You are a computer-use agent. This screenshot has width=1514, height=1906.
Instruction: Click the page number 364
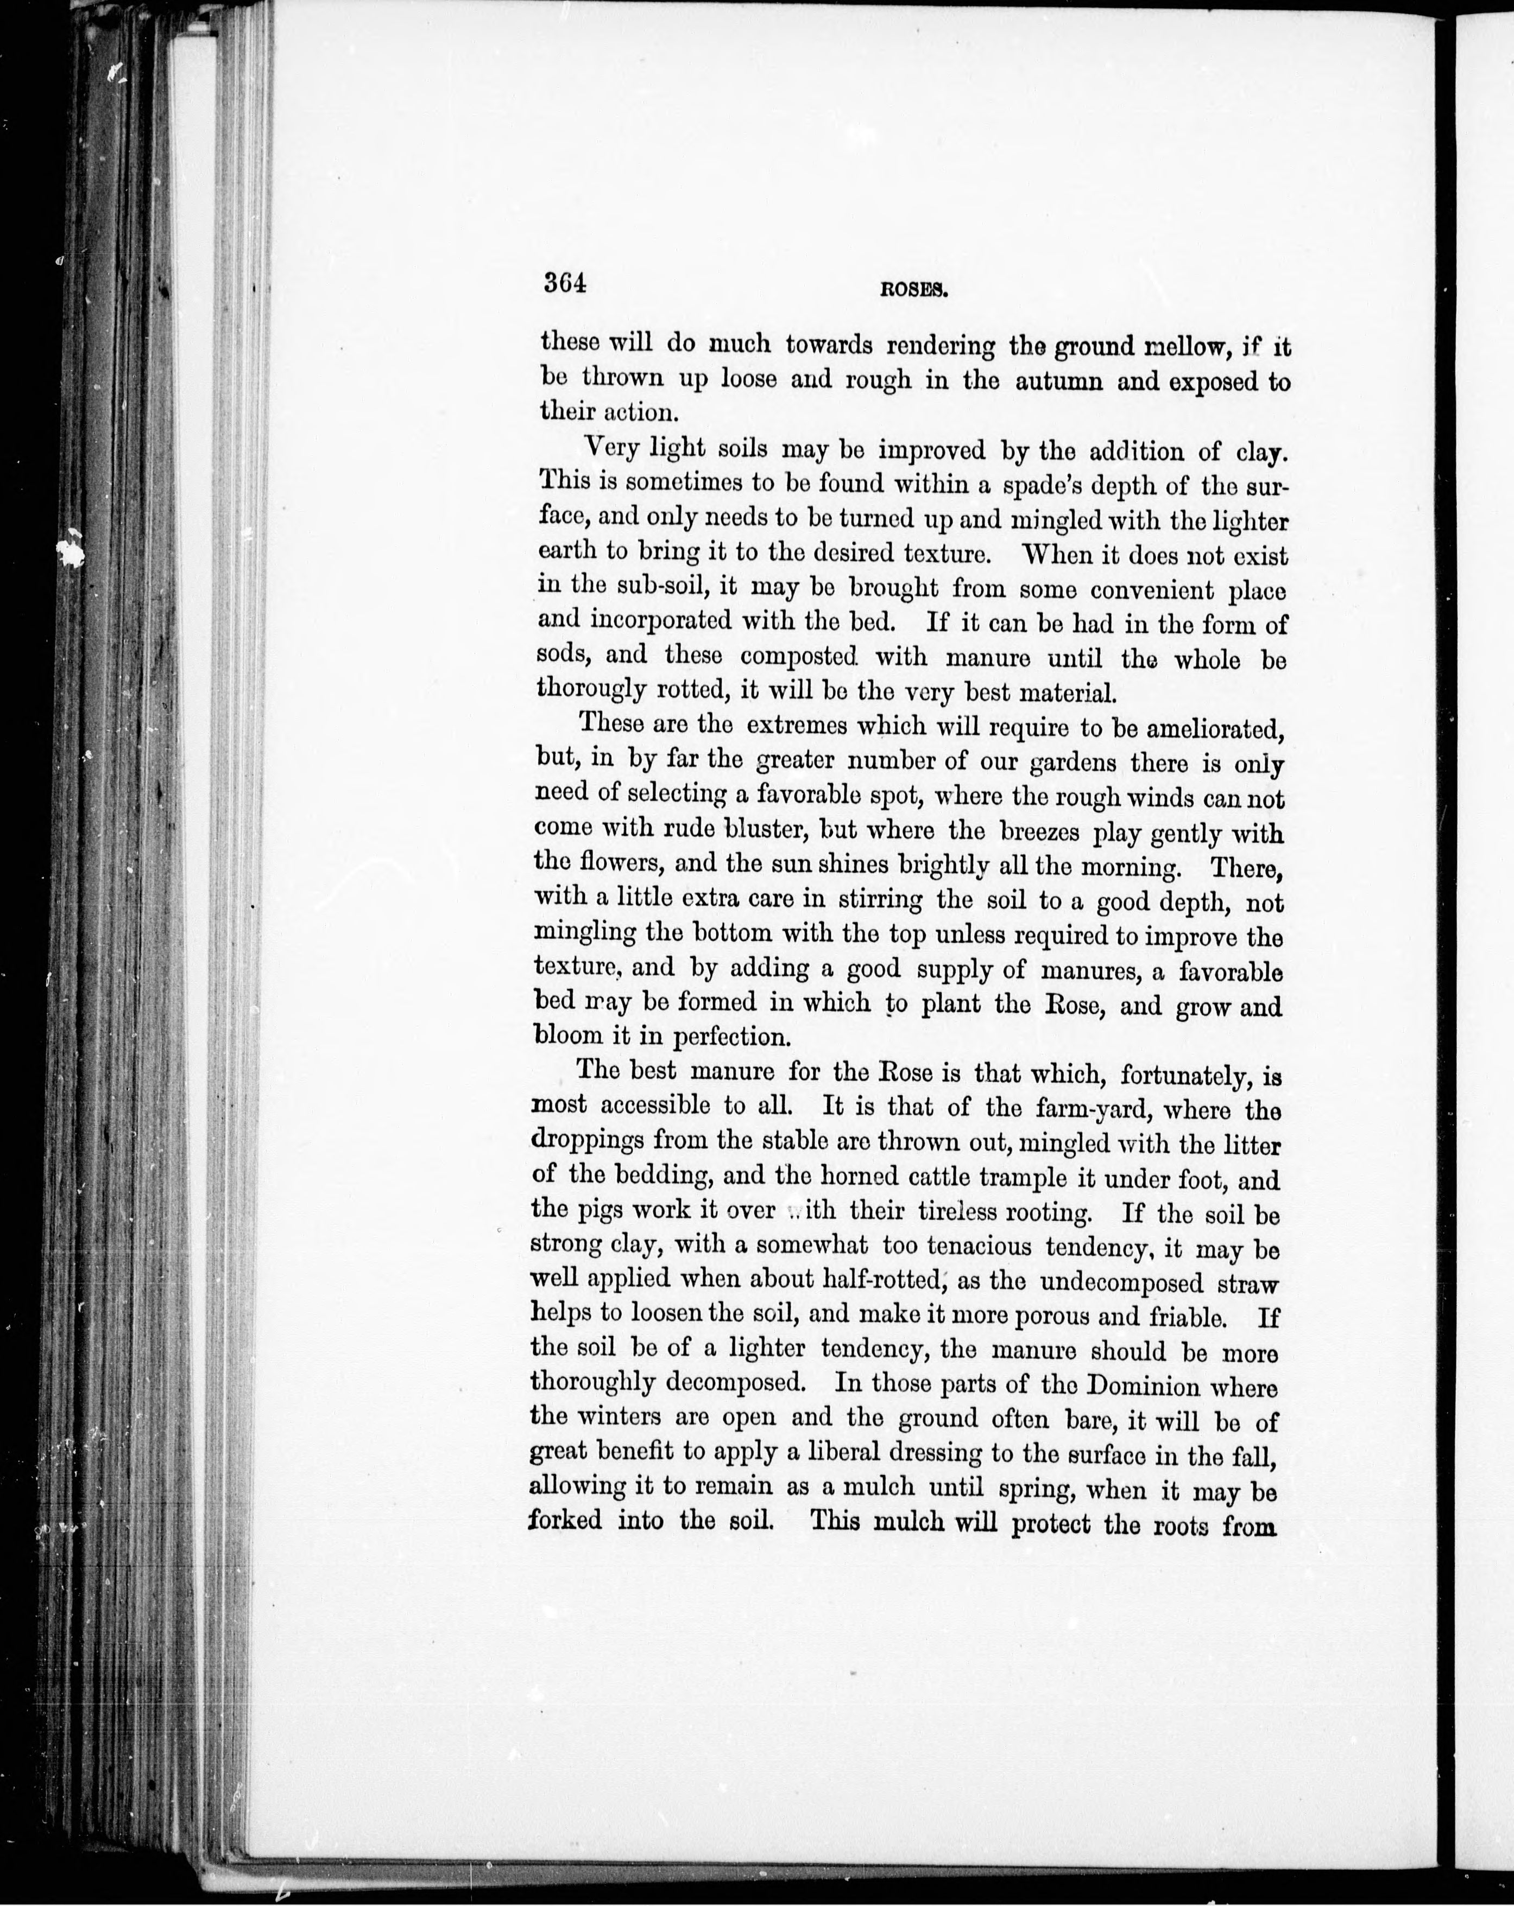click(566, 282)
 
